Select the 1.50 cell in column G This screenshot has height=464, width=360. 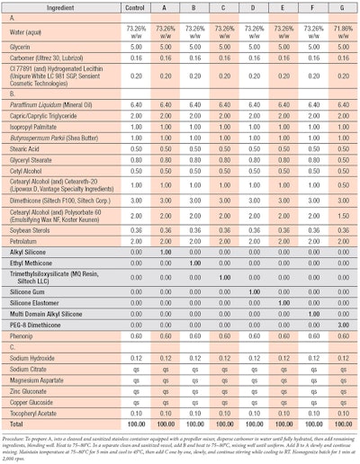[342, 215]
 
